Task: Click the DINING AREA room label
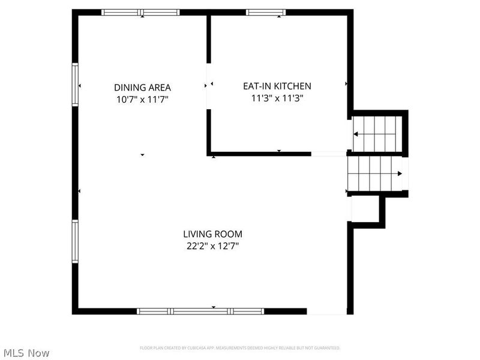click(x=142, y=86)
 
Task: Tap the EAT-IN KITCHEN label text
click(x=277, y=86)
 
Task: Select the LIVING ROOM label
click(x=212, y=234)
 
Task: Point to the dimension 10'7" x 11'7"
click(x=142, y=99)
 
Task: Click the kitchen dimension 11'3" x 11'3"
click(x=277, y=99)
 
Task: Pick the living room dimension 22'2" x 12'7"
click(x=212, y=245)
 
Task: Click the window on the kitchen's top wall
click(x=265, y=12)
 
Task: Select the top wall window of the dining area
click(x=140, y=12)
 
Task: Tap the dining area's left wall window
click(x=76, y=85)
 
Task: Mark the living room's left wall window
click(x=76, y=241)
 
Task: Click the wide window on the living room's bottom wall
click(x=200, y=311)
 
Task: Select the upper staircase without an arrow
click(x=376, y=134)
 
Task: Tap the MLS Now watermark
click(x=26, y=353)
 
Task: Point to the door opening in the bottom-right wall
click(x=326, y=311)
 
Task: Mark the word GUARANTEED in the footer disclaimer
click(x=327, y=348)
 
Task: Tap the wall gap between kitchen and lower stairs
click(x=329, y=154)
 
